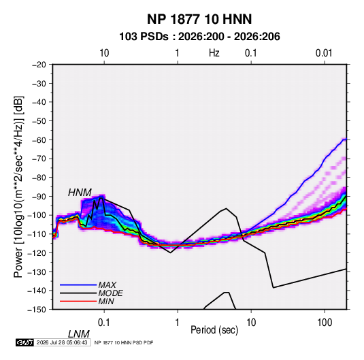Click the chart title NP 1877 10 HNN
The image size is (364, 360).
pyautogui.click(x=199, y=19)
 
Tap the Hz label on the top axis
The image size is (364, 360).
pyautogui.click(x=214, y=53)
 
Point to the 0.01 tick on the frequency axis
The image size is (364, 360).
pyautogui.click(x=324, y=53)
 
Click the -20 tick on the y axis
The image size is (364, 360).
pyautogui.click(x=39, y=65)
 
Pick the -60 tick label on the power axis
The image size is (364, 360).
pyautogui.click(x=39, y=140)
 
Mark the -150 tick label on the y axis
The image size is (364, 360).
pyautogui.click(x=37, y=310)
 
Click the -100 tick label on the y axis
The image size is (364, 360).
pyautogui.click(x=37, y=215)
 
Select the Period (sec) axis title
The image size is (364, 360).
pyautogui.click(x=214, y=330)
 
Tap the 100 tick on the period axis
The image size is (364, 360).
pyautogui.click(x=325, y=323)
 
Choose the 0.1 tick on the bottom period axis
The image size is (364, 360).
pyautogui.click(x=103, y=323)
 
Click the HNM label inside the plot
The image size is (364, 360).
pyautogui.click(x=80, y=193)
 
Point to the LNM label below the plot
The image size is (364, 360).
pyautogui.click(x=79, y=334)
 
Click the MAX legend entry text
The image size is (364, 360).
pyautogui.click(x=107, y=285)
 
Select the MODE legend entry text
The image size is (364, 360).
pyautogui.click(x=110, y=293)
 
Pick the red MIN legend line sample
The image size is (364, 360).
pyautogui.click(x=78, y=301)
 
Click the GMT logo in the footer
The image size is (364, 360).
pyautogui.click(x=25, y=342)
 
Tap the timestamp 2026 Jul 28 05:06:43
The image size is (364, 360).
pyautogui.click(x=62, y=342)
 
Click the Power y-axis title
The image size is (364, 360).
pyautogui.click(x=18, y=187)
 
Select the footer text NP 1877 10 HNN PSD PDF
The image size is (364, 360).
pyautogui.click(x=124, y=342)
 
